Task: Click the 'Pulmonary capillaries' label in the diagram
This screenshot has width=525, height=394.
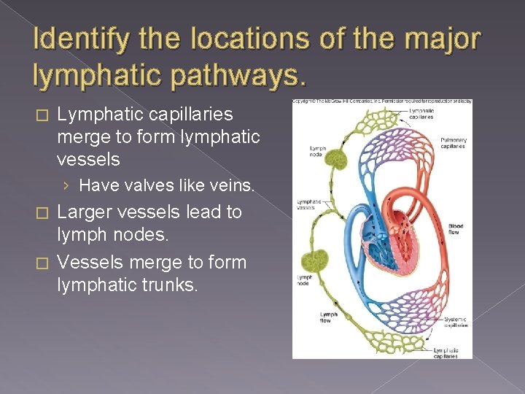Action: coord(453,143)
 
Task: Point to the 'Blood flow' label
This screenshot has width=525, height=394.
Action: coord(455,228)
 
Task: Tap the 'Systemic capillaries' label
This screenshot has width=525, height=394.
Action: coord(455,322)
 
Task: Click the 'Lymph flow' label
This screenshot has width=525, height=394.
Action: coord(329,317)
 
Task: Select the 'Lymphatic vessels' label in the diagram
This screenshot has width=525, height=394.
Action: coord(309,205)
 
